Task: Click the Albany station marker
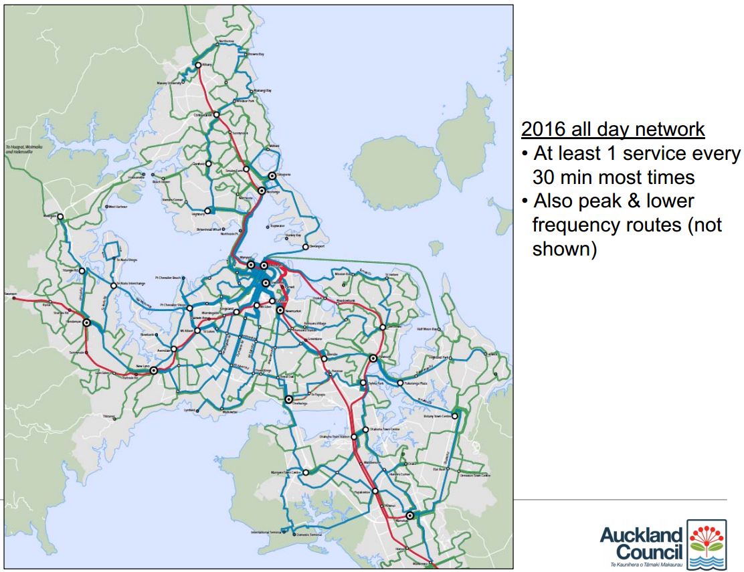[x=198, y=65]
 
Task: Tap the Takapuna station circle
[x=272, y=176]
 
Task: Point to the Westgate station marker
[x=60, y=217]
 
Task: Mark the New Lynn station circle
[x=154, y=370]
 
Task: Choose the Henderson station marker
[x=86, y=323]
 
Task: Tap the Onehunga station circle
[x=289, y=399]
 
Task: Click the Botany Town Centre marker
[x=455, y=416]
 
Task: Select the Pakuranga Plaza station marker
[x=400, y=383]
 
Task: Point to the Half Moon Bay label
[x=426, y=329]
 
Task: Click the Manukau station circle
[x=409, y=515]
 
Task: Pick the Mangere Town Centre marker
[x=305, y=472]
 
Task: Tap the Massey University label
[x=169, y=83]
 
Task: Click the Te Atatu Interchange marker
[x=114, y=284]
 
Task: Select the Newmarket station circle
[x=280, y=310]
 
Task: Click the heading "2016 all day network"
[x=613, y=129]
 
